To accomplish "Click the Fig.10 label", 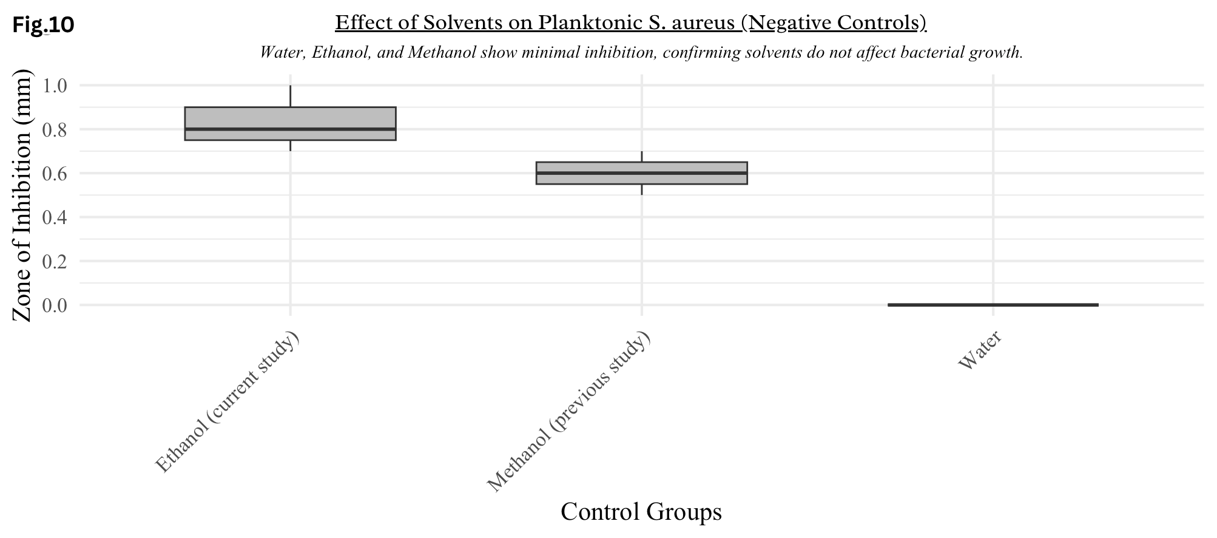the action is [43, 25].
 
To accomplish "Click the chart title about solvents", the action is [631, 23].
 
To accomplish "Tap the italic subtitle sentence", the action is [641, 52].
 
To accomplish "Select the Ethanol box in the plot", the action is [290, 124].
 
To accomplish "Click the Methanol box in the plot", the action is [641, 173].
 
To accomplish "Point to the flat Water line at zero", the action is [993, 305].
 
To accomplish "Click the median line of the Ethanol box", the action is [290, 129].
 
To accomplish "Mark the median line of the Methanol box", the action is [641, 173].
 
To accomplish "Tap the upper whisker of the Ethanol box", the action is [290, 96].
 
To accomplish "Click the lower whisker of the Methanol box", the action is [641, 189].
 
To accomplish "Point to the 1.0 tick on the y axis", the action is [55, 85].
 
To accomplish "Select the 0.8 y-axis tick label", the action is [55, 129].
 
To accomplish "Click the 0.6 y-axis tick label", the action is [55, 173].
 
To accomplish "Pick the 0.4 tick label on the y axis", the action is [55, 217].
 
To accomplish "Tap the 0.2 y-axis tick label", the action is [55, 261].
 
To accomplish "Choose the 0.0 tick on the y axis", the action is [55, 305].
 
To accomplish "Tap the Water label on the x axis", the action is [980, 350].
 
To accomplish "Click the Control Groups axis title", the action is [641, 511].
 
